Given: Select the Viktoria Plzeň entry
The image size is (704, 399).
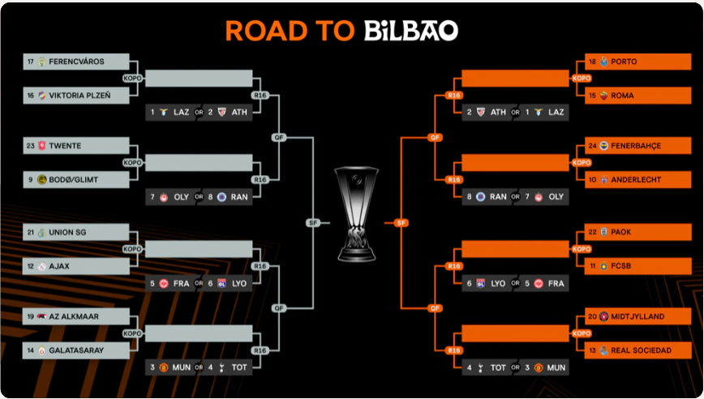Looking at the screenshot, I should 79,96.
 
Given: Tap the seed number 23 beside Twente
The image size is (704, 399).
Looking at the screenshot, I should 31,146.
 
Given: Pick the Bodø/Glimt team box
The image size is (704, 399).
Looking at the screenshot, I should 76,179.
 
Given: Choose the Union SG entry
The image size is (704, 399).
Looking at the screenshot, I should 76,233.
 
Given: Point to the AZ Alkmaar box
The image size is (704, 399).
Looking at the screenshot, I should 76,316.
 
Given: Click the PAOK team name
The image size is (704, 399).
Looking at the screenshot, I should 621,232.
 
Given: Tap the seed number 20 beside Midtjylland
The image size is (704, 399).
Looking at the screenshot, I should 592,316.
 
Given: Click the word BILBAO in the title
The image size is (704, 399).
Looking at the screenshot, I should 410,31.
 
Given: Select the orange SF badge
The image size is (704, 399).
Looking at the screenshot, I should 400,222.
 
